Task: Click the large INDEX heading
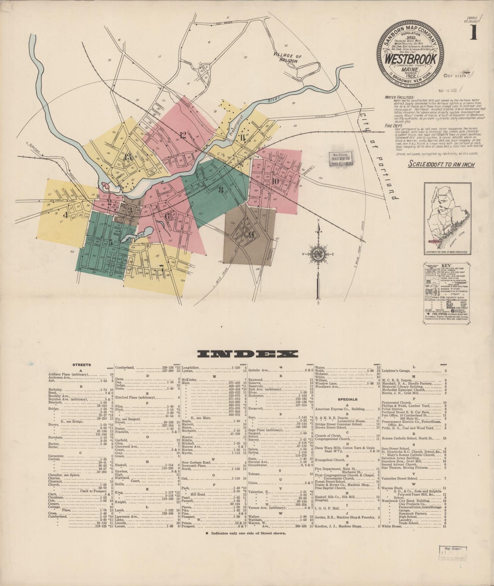(247, 354)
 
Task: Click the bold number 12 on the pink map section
(183, 135)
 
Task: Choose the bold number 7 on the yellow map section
(161, 267)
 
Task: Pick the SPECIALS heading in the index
(347, 399)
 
